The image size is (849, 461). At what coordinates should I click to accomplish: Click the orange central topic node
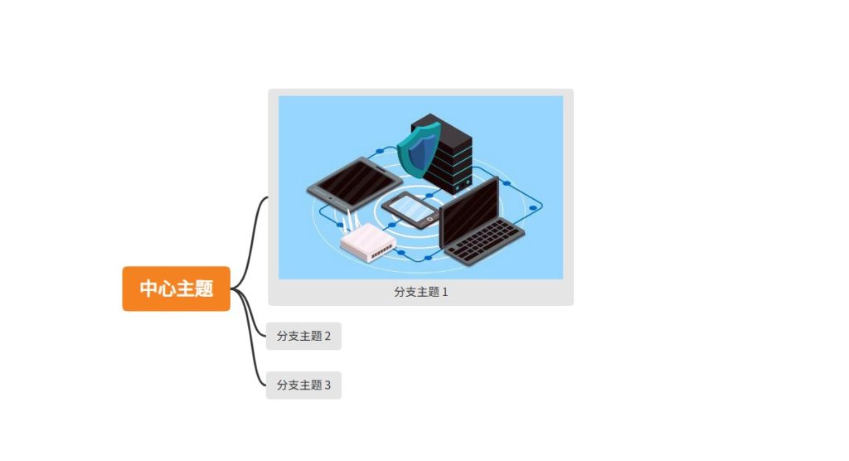coord(176,289)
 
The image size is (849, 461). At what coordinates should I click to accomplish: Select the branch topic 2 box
coord(303,336)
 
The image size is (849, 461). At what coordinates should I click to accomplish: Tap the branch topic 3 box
coord(303,385)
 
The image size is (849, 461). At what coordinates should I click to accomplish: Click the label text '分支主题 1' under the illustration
coord(420,292)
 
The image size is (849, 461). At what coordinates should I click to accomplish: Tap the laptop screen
coord(468,207)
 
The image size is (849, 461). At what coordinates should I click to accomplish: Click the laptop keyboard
coord(484,241)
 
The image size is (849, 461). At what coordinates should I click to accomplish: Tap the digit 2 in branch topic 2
coord(327,336)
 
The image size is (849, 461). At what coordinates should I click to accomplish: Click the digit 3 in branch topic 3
coord(327,385)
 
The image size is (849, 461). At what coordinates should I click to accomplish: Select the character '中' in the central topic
coord(149,289)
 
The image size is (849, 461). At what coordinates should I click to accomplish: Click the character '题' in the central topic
coord(204,289)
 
